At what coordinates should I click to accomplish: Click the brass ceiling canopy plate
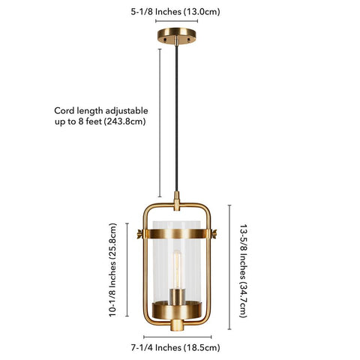tap(176, 35)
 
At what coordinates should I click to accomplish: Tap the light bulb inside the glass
tap(177, 269)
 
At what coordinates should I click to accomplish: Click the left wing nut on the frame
tap(139, 234)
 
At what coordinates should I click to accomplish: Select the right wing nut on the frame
tap(214, 233)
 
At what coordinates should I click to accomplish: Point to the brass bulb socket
tap(177, 296)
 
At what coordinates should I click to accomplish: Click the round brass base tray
tap(177, 310)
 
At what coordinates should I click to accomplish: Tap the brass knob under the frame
tap(177, 325)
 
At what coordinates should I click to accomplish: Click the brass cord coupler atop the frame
tap(177, 201)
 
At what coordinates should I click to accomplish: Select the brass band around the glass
tap(177, 233)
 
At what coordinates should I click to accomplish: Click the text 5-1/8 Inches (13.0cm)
tap(175, 12)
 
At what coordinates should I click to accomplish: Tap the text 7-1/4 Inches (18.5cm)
tap(175, 347)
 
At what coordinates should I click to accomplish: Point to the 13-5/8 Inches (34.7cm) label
tap(244, 271)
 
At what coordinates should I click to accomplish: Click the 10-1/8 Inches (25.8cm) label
tap(112, 270)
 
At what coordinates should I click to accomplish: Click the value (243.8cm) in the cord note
tap(124, 121)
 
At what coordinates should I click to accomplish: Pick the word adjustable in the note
tap(127, 111)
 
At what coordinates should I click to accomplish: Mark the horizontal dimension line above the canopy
tap(176, 21)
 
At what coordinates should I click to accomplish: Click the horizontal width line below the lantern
tap(178, 337)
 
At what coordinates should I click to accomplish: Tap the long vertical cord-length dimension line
tap(160, 123)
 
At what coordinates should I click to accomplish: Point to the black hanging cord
tap(176, 118)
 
